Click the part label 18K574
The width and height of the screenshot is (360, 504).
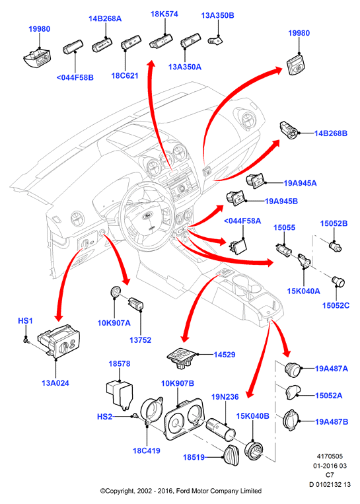tap(164, 14)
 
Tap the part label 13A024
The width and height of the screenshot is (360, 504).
tap(55, 383)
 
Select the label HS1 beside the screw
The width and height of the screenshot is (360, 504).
tap(25, 321)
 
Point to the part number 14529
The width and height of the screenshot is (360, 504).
tap(225, 355)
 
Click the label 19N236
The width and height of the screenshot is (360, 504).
tap(225, 397)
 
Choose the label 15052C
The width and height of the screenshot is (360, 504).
tap(336, 305)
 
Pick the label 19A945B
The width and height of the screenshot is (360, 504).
tap(281, 201)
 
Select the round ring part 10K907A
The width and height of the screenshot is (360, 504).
tap(115, 291)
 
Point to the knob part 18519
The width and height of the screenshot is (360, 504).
tap(231, 456)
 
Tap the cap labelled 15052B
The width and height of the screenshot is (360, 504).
tap(335, 246)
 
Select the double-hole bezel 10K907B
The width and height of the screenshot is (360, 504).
tap(184, 419)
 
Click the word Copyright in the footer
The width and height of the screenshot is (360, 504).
tap(117, 491)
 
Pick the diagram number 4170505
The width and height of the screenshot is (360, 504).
tap(330, 456)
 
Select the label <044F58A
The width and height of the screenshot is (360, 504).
tap(242, 221)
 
